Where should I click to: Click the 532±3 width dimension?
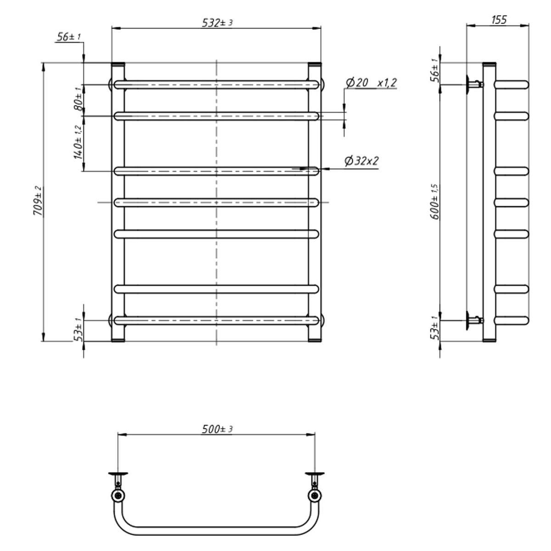point(217,22)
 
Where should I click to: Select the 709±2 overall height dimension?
point(38,201)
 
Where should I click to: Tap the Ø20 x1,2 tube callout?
point(371,83)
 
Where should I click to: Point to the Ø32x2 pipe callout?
point(362,161)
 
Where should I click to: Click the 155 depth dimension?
point(499,20)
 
